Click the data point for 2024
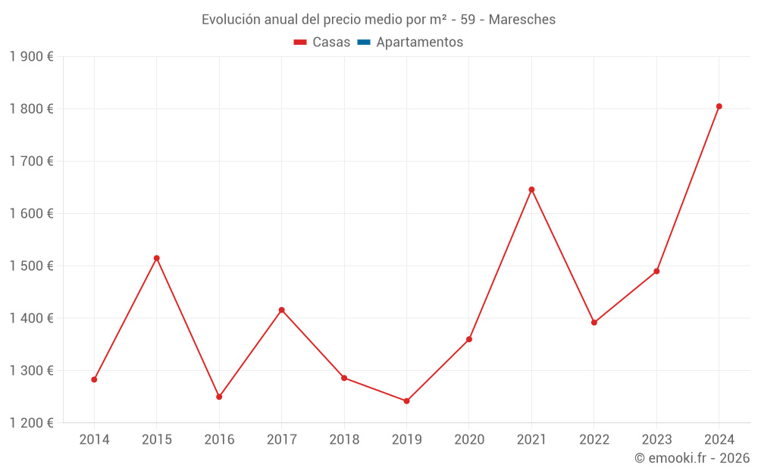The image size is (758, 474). click(719, 106)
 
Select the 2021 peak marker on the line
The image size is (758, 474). click(531, 190)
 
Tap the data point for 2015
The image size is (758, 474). click(157, 258)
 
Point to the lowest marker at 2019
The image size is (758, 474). click(406, 401)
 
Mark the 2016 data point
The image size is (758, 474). click(219, 397)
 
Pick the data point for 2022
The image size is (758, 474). click(594, 322)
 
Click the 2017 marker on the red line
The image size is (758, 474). click(281, 309)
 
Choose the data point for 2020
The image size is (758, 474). click(469, 339)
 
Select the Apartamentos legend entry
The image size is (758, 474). click(419, 42)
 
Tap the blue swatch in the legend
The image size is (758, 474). click(363, 42)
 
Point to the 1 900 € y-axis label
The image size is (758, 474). click(31, 56)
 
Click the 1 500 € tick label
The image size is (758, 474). click(31, 265)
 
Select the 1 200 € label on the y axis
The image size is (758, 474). click(31, 422)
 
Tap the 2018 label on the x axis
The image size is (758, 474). click(344, 440)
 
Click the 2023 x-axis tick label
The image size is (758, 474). click(656, 440)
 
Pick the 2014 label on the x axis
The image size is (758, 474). click(94, 440)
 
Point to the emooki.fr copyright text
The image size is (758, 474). click(692, 458)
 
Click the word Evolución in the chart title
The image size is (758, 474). click(227, 20)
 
